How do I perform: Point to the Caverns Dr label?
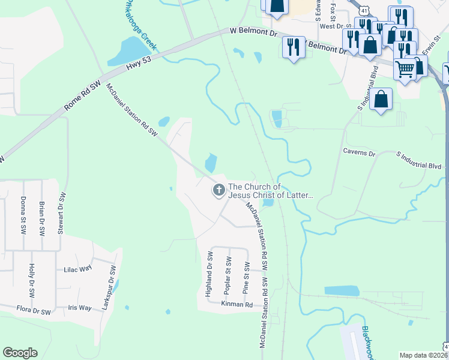tap(359, 153)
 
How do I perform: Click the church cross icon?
tap(219, 191)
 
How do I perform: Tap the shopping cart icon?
tap(405, 70)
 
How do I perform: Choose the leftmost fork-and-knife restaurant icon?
tap(293, 47)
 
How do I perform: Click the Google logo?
tap(20, 353)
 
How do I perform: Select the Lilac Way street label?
tap(77, 269)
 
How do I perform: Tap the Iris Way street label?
tap(80, 308)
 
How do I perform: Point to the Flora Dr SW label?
tap(33, 311)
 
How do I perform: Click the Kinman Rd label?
tap(237, 305)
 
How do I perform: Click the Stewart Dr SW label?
tap(61, 214)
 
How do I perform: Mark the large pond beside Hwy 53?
tap(125, 52)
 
